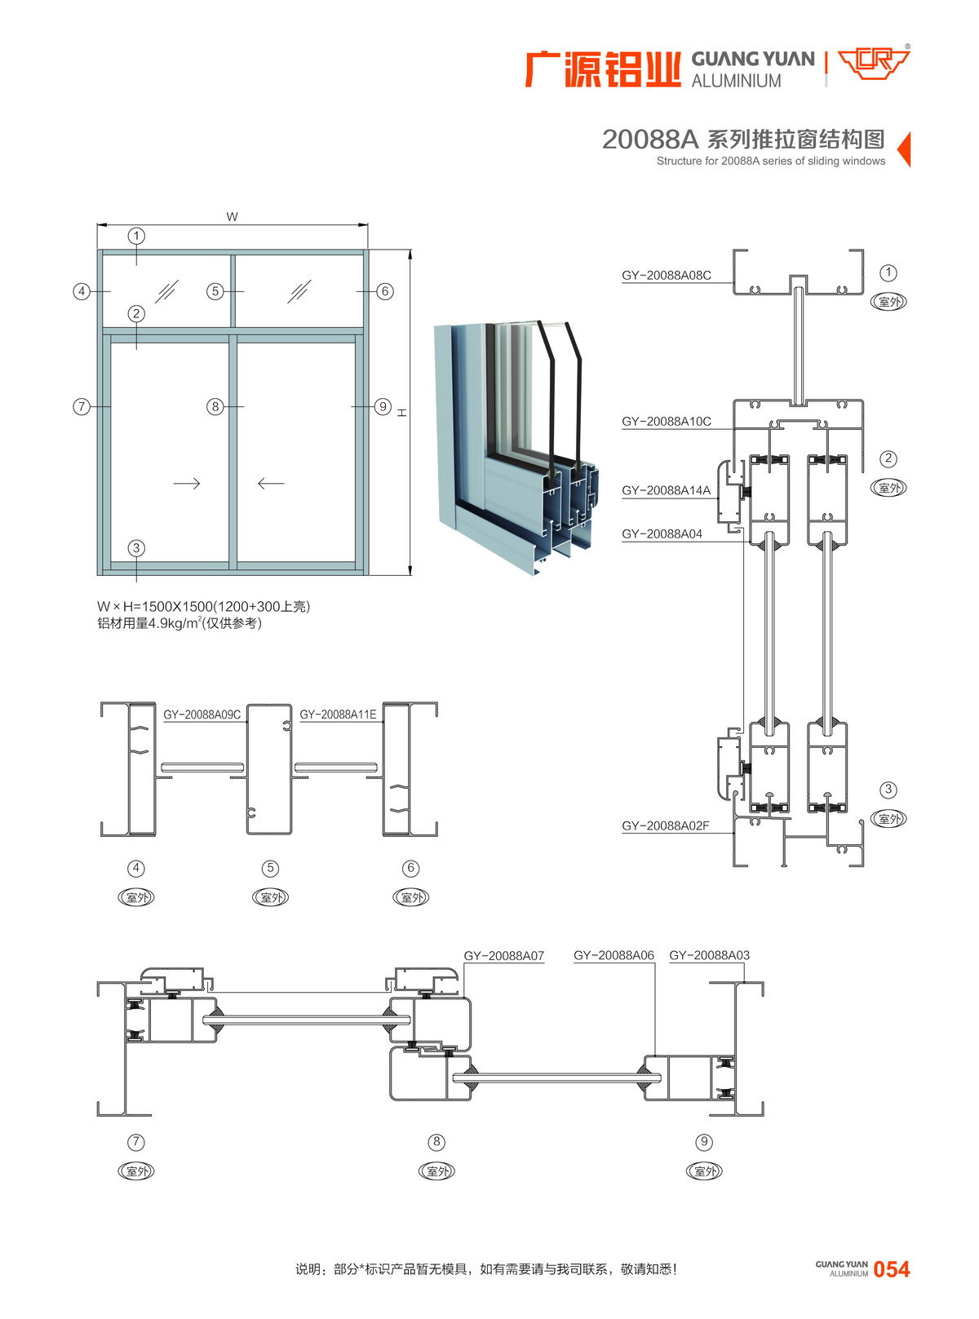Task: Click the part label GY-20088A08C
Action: point(666,276)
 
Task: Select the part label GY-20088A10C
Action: point(666,422)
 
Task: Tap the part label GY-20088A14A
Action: point(666,490)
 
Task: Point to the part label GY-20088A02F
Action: point(665,825)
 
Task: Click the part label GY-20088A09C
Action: point(202,715)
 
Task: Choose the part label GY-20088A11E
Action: point(338,715)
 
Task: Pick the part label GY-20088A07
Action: point(503,956)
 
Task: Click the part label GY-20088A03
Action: point(709,955)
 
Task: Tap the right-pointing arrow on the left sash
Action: point(187,484)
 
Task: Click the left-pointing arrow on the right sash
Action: point(271,484)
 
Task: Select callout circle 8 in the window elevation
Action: point(215,406)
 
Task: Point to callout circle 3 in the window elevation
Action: point(136,548)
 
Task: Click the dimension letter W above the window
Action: point(233,216)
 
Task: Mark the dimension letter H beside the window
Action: point(402,413)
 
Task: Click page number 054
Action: point(891,1269)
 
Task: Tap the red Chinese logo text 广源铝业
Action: point(602,69)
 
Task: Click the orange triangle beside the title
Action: point(904,149)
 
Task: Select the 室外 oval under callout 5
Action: point(271,897)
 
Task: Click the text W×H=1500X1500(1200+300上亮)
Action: point(203,606)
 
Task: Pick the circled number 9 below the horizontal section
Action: point(704,1142)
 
